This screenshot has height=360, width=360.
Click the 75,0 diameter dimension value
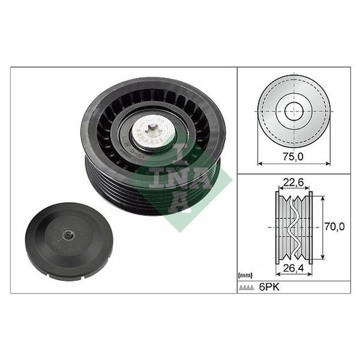pyautogui.click(x=293, y=157)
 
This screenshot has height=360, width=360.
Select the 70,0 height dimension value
pyautogui.click(x=334, y=227)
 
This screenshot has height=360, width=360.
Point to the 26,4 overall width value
pyautogui.click(x=293, y=268)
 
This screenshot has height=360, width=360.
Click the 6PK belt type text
pyautogui.click(x=269, y=287)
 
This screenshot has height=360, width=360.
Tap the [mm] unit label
pyautogui.click(x=245, y=275)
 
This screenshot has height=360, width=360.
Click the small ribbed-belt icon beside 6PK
pyautogui.click(x=247, y=287)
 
